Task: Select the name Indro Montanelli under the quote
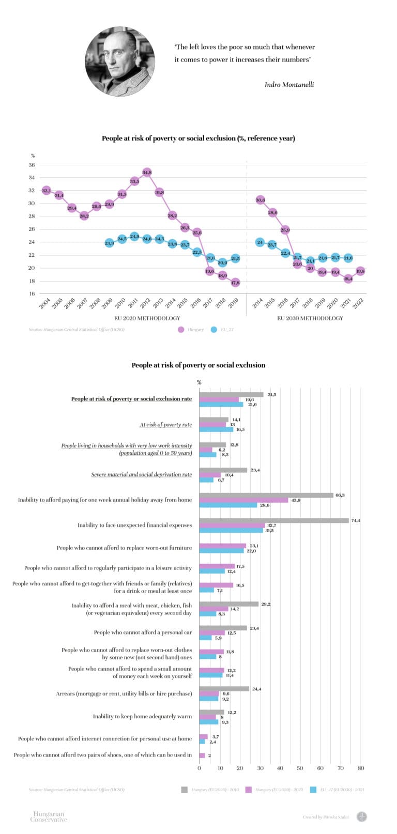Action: [289, 84]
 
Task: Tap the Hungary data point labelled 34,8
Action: [147, 172]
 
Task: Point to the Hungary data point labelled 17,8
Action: [235, 282]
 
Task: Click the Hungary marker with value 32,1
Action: [47, 191]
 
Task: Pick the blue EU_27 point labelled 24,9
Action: [134, 237]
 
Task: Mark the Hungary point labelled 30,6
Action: [260, 200]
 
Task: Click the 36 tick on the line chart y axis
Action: [32, 165]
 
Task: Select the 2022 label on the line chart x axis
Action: [358, 304]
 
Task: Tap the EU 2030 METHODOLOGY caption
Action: [310, 318]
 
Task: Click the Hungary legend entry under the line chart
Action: [191, 329]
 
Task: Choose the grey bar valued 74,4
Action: [274, 520]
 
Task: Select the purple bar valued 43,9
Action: [243, 500]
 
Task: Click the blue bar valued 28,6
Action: [228, 505]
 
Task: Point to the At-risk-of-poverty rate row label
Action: [165, 425]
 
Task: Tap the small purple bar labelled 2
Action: [202, 755]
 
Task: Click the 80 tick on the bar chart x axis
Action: [361, 768]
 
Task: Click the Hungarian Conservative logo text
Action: [49, 817]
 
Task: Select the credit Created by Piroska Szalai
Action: [325, 817]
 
